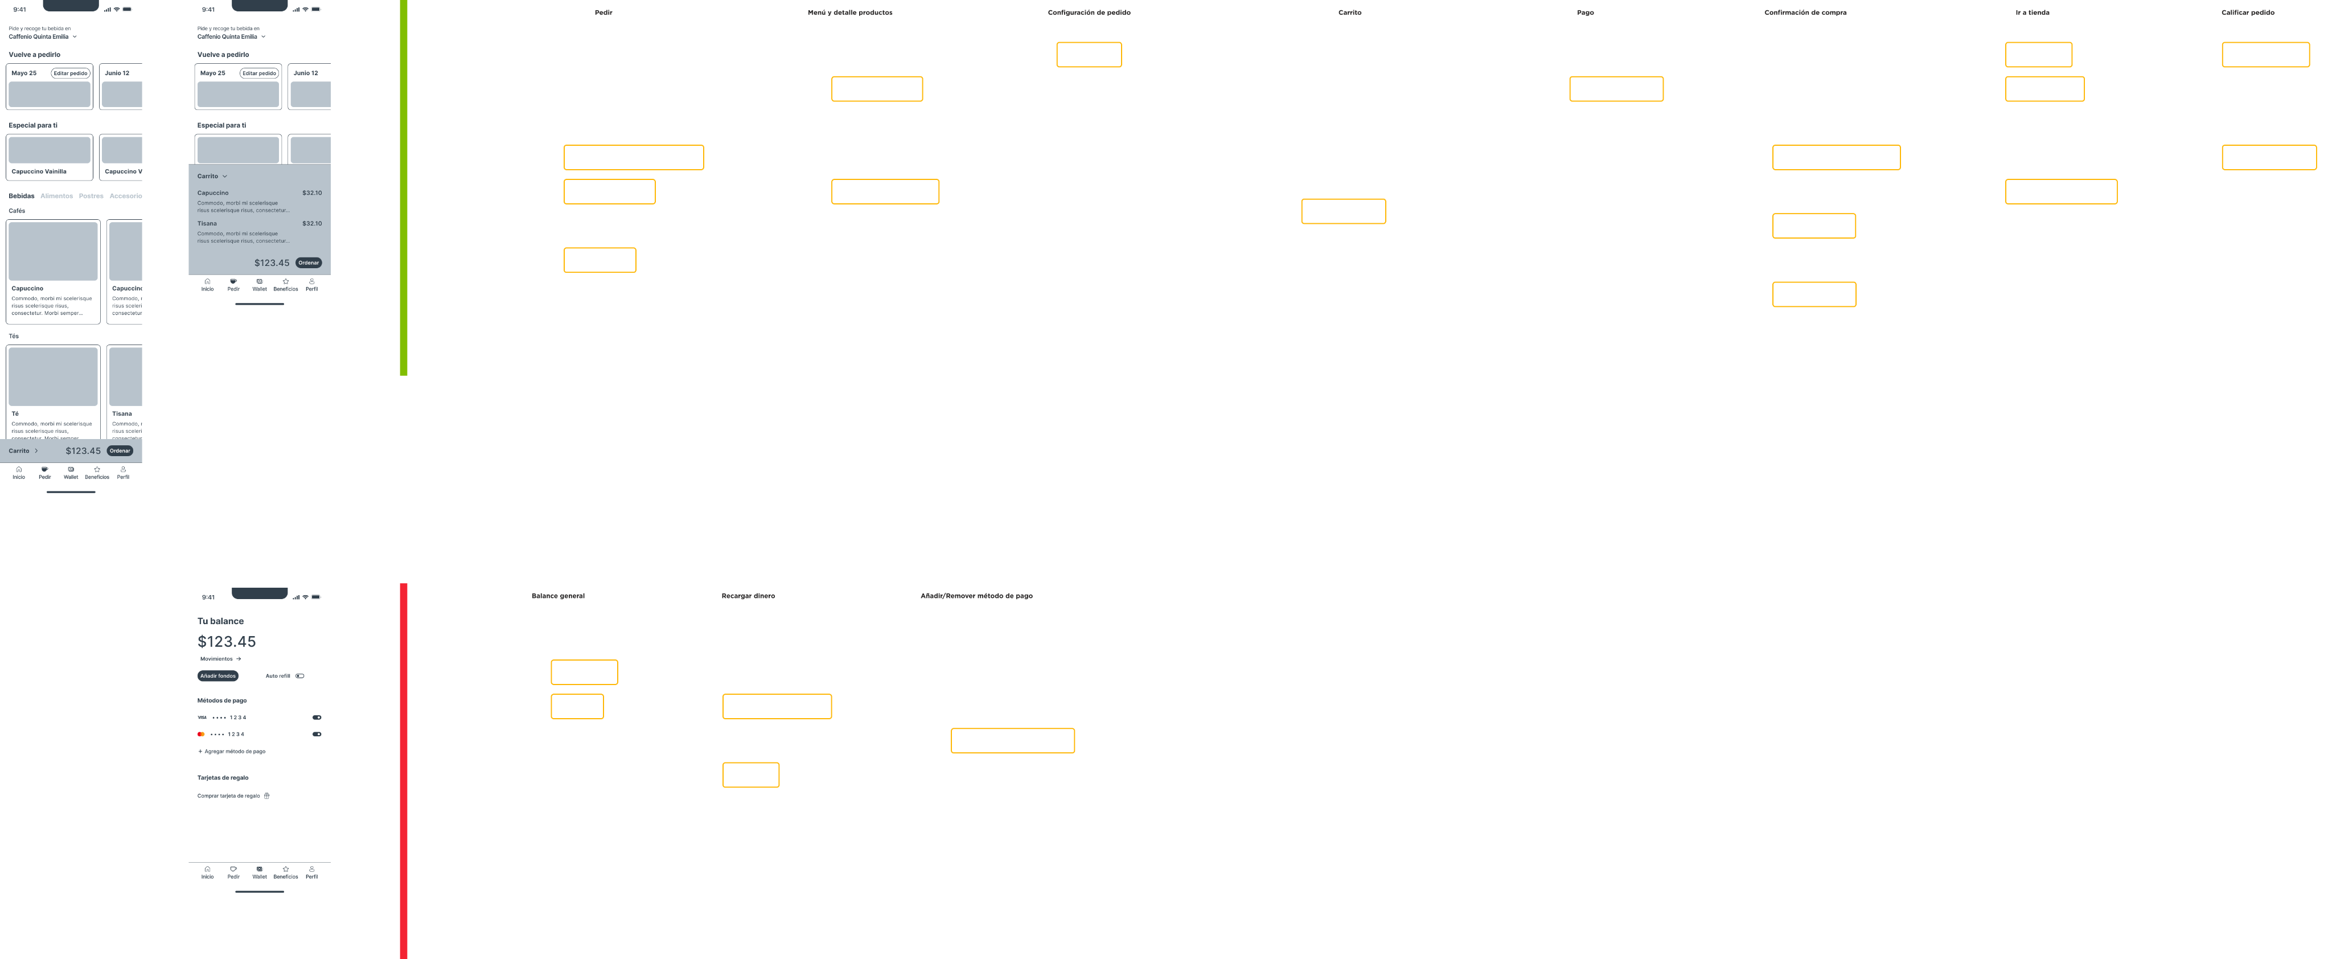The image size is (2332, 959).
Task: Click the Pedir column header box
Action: pos(603,13)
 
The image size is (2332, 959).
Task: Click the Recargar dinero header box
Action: pos(748,596)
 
